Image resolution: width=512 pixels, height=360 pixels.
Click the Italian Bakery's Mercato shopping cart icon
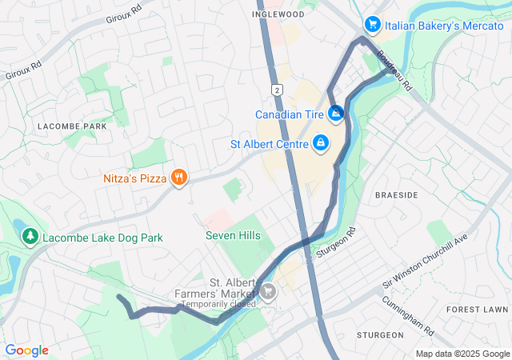pyautogui.click(x=372, y=26)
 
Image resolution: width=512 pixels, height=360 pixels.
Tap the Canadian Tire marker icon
pyautogui.click(x=336, y=114)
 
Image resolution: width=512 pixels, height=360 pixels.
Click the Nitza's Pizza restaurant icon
pyautogui.click(x=179, y=178)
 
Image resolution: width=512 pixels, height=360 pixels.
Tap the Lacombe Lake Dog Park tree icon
pyautogui.click(x=30, y=238)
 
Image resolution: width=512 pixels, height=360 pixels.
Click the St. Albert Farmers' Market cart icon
pyautogui.click(x=268, y=290)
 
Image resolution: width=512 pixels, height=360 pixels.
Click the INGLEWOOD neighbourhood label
pyautogui.click(x=278, y=14)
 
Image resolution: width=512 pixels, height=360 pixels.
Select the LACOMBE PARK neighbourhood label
pyautogui.click(x=72, y=126)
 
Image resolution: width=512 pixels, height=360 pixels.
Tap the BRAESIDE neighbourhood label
pyautogui.click(x=397, y=194)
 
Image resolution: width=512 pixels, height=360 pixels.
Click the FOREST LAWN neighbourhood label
pyautogui.click(x=478, y=309)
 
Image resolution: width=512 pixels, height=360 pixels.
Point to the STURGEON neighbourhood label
pyautogui.click(x=380, y=334)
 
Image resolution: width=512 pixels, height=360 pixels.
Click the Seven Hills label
pyautogui.click(x=233, y=235)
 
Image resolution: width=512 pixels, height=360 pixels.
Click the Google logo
pyautogui.click(x=26, y=350)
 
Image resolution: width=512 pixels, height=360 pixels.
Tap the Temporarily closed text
pyautogui.click(x=218, y=304)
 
